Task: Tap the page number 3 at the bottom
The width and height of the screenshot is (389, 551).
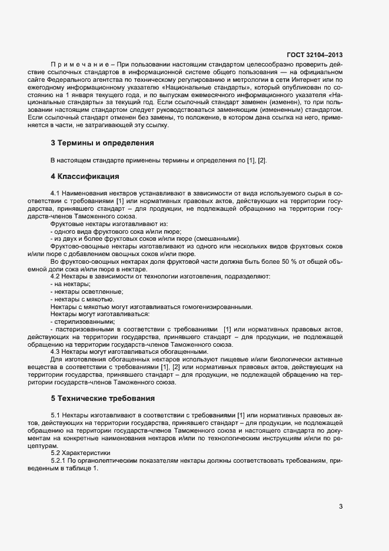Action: coord(342,507)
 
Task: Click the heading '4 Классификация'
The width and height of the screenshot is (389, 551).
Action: coord(85,176)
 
